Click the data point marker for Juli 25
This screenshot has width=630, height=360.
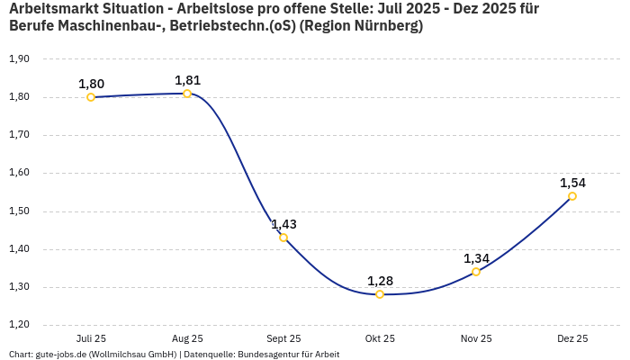(x=91, y=97)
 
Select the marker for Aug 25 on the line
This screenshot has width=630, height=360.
(x=187, y=94)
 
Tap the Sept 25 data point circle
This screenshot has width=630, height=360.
(x=283, y=238)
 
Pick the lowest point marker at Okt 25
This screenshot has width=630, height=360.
(x=380, y=294)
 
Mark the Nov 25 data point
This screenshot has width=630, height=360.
(x=476, y=272)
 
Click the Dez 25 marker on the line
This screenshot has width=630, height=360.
(x=572, y=196)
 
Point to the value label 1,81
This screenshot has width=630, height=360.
(x=187, y=80)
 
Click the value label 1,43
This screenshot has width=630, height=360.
(x=283, y=224)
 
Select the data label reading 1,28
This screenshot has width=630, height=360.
(x=380, y=281)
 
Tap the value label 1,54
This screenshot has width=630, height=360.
(x=572, y=183)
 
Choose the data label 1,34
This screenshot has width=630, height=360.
(x=476, y=258)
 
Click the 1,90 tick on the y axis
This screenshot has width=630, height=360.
(x=19, y=59)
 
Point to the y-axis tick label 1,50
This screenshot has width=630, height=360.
(x=19, y=211)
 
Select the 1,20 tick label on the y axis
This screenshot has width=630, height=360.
(x=19, y=325)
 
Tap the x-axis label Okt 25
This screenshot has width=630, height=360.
(x=380, y=339)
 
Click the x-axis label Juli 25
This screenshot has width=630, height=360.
(x=91, y=339)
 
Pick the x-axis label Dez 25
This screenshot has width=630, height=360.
(x=572, y=339)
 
